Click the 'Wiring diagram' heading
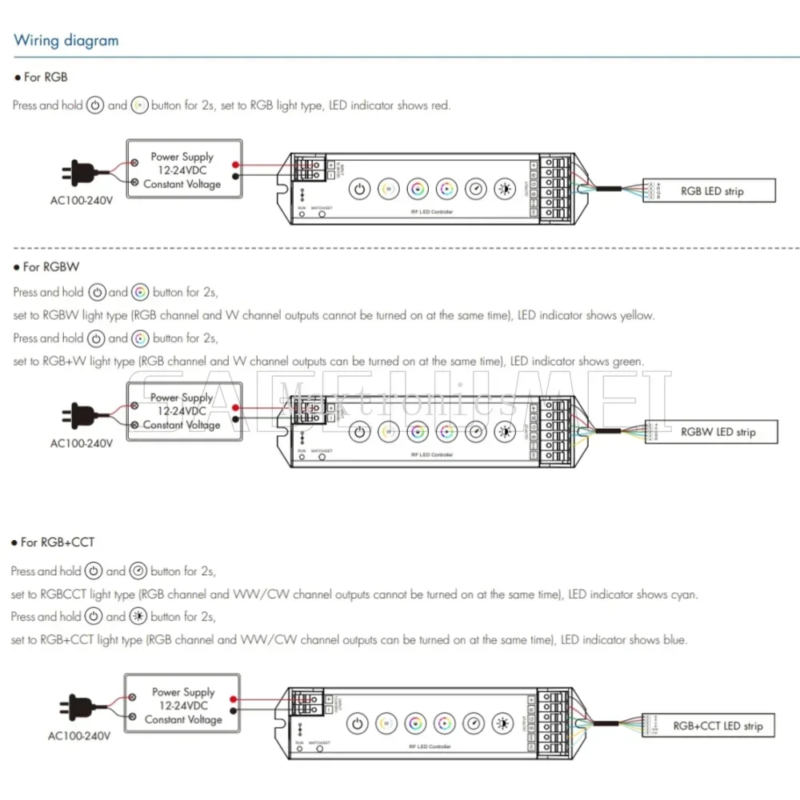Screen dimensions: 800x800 [x=66, y=41]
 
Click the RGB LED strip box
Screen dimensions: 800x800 [x=710, y=191]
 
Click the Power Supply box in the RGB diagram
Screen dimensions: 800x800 [x=183, y=170]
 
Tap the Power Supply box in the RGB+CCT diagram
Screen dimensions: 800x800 [x=183, y=706]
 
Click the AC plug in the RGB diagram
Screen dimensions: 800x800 [x=76, y=170]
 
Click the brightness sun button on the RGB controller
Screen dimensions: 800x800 [x=505, y=190]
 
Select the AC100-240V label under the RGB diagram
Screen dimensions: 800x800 [x=82, y=200]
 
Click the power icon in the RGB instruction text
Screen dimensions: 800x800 [x=95, y=106]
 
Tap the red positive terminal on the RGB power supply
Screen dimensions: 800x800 [x=235, y=162]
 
